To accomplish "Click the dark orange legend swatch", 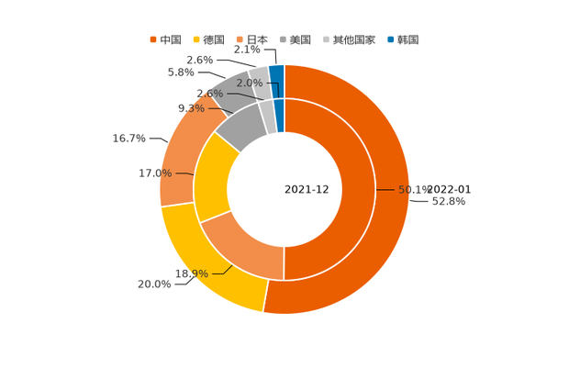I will pyautogui.click(x=152, y=39).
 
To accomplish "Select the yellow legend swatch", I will pyautogui.click(x=195, y=39).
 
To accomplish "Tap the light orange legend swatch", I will pyautogui.click(x=240, y=39).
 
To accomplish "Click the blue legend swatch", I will pyautogui.click(x=390, y=39).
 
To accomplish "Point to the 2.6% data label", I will pyautogui.click(x=210, y=94).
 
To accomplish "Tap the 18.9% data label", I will pyautogui.click(x=192, y=273).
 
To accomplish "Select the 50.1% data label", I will pyautogui.click(x=413, y=190).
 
